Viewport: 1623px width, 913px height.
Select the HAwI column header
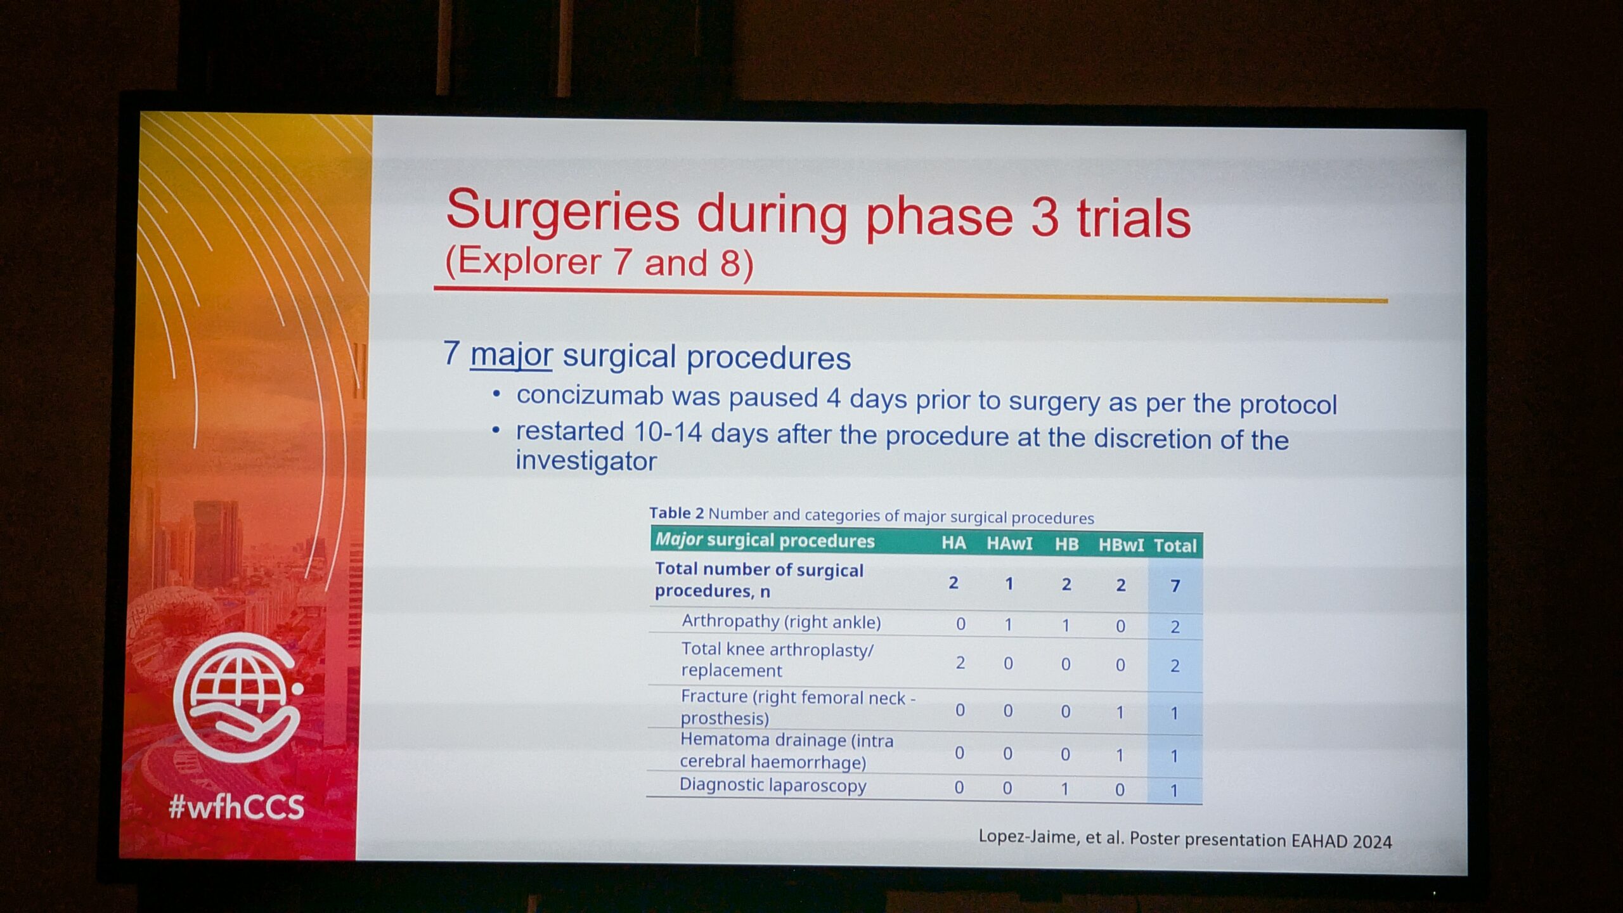click(x=1009, y=543)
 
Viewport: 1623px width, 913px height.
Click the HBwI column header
click(x=1121, y=545)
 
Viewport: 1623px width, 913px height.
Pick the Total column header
click(x=1175, y=545)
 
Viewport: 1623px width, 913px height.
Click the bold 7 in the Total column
click(x=1175, y=585)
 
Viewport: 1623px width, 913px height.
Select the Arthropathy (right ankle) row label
click(x=781, y=621)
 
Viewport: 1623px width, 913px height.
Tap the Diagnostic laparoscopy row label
click(x=773, y=785)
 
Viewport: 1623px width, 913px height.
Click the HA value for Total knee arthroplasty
click(x=960, y=663)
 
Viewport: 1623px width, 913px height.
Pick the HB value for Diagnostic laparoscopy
click(x=1065, y=788)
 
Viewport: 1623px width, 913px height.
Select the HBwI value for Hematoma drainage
click(x=1120, y=755)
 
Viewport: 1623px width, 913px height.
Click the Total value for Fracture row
click(x=1174, y=713)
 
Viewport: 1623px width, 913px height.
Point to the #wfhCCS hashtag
click(x=236, y=807)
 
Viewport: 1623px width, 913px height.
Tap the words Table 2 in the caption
click(x=676, y=513)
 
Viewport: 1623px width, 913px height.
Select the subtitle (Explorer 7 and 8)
click(x=600, y=262)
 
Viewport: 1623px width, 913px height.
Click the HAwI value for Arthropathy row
click(x=1009, y=625)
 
